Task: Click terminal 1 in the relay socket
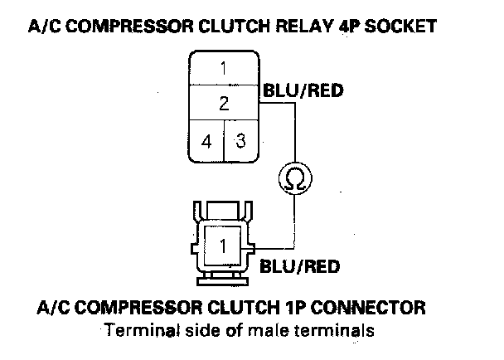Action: [223, 67]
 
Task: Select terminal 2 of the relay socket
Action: [223, 104]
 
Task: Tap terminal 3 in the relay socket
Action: [240, 140]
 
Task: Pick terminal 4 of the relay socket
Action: [206, 140]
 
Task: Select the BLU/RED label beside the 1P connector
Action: [300, 267]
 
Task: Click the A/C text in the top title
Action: [43, 27]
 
